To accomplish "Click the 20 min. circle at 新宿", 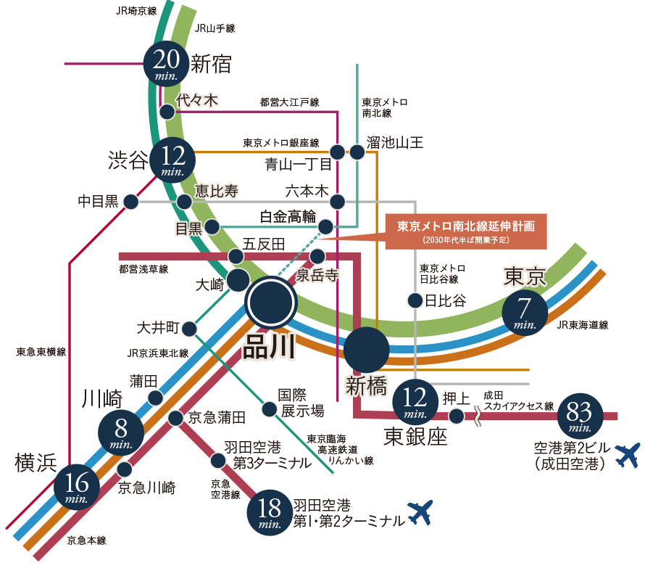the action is [x=166, y=64].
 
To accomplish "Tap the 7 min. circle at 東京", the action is [x=525, y=313].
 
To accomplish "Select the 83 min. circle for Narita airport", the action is [x=580, y=416].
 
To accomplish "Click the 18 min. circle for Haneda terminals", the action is [x=270, y=513].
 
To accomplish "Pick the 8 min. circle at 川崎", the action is [x=121, y=433].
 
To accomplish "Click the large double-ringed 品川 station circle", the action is [x=270, y=303].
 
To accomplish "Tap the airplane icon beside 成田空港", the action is [x=628, y=455].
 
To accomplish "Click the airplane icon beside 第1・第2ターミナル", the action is [x=420, y=512].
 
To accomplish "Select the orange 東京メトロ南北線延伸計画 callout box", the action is [x=466, y=231].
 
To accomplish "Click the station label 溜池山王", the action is [x=394, y=143].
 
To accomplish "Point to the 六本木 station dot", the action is [x=337, y=202].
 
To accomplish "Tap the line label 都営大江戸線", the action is [x=290, y=102].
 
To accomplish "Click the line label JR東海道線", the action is [x=583, y=325].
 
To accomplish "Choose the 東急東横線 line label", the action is [x=41, y=352].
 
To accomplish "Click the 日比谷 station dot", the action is [x=415, y=300].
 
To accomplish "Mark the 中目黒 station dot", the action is [x=131, y=202].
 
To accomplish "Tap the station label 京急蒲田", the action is [x=217, y=418].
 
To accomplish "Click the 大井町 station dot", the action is [x=189, y=329].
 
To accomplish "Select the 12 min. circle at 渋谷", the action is [x=172, y=160].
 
